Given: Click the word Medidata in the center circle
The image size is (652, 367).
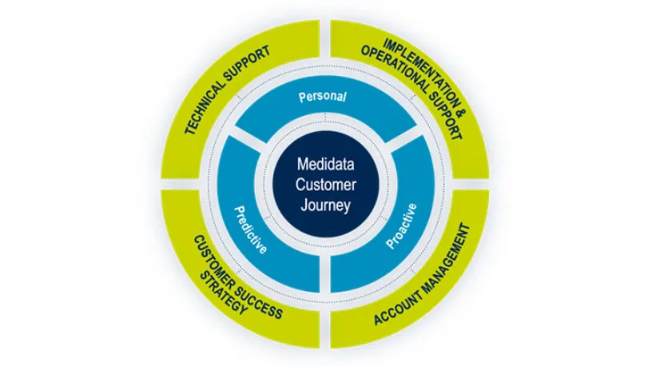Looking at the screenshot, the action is [325, 164].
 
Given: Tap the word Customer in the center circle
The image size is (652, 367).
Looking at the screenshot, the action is [325, 185].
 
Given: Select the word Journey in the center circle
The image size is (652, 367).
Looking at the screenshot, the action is [325, 205].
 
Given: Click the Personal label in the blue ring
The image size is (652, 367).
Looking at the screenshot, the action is [323, 97].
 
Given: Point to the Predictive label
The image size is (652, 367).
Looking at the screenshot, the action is [251, 229].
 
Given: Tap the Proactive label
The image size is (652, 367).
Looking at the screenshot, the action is [401, 226].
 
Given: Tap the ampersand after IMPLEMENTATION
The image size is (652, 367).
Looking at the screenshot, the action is [462, 110].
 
